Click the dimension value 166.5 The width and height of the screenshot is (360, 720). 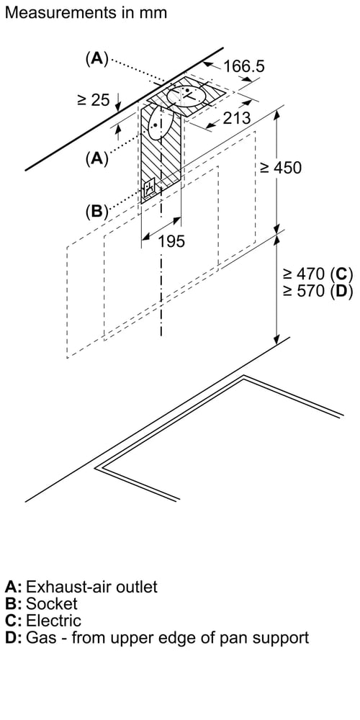pos(244,66)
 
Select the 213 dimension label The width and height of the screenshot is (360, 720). pos(237,118)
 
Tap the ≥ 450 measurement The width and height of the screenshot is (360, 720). pos(281,168)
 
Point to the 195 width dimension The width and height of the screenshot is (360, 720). pos(171,240)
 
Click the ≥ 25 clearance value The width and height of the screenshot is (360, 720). pos(94,99)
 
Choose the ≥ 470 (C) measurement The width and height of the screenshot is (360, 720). pos(318,274)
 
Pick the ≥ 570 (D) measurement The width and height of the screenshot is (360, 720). pos(318,291)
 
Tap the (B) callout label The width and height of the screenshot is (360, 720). pos(96,211)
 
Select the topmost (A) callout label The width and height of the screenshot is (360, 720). pos(96,59)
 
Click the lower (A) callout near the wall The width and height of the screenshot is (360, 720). pos(96,158)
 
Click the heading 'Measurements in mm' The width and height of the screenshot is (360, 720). pos(86,12)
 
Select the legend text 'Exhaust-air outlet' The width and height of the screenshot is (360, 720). pos(92,587)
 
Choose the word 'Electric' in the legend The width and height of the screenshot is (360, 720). pos(54,621)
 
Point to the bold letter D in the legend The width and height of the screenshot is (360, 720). pos(11,637)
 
